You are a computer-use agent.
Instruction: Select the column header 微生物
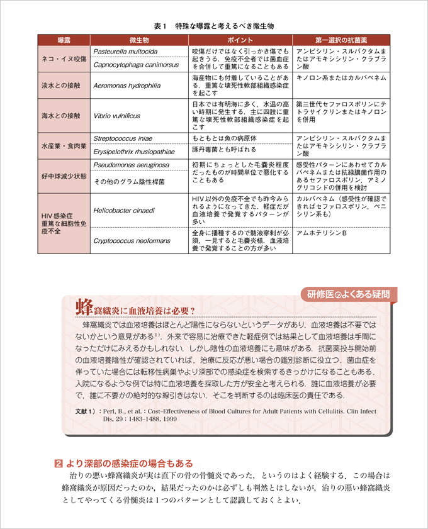coord(138,40)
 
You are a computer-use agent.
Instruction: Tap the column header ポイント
coord(239,40)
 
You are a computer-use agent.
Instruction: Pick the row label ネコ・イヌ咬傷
coord(63,57)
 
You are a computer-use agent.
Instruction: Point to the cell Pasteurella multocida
coord(125,50)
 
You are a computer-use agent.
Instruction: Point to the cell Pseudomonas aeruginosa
coord(130,165)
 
